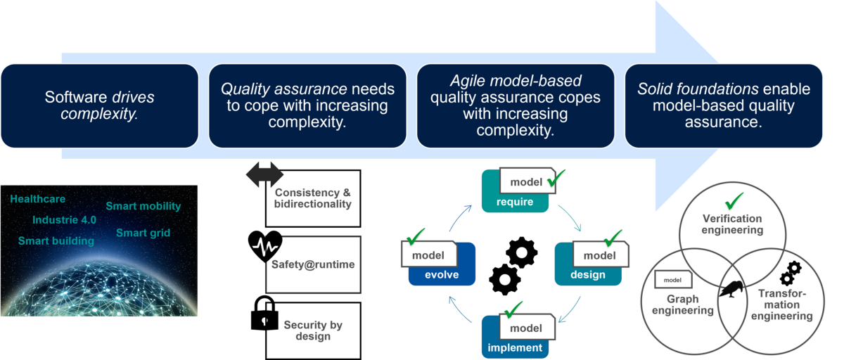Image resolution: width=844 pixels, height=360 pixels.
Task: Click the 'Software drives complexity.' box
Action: pyautogui.click(x=99, y=105)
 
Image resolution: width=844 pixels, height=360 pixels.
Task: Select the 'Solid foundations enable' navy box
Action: pyautogui.click(x=724, y=105)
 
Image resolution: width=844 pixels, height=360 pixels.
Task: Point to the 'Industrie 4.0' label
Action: pyautogui.click(x=64, y=220)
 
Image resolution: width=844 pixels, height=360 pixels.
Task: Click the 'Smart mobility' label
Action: pyautogui.click(x=143, y=207)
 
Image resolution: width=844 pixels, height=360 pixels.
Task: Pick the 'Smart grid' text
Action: pyautogui.click(x=143, y=233)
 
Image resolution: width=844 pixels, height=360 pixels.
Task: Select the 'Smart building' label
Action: pyautogui.click(x=56, y=241)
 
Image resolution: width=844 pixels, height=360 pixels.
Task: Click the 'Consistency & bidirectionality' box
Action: pyautogui.click(x=313, y=198)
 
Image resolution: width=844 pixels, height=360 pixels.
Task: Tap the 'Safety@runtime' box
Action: pyautogui.click(x=313, y=264)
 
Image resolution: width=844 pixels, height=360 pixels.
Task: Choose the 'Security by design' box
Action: pyautogui.click(x=313, y=330)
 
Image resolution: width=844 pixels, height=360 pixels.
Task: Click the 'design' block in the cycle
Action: pyautogui.click(x=587, y=274)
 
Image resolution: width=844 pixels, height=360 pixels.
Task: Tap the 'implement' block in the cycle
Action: pyautogui.click(x=513, y=347)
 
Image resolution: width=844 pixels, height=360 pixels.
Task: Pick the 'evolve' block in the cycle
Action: pyautogui.click(x=442, y=274)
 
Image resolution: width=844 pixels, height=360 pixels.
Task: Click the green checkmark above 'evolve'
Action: pyautogui.click(x=416, y=234)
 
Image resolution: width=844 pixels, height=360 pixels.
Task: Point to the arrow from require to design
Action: pyautogui.click(x=569, y=218)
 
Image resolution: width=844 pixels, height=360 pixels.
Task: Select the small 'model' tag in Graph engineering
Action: pyautogui.click(x=672, y=280)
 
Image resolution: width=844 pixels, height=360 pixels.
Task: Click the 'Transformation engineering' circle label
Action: pyautogui.click(x=781, y=304)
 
